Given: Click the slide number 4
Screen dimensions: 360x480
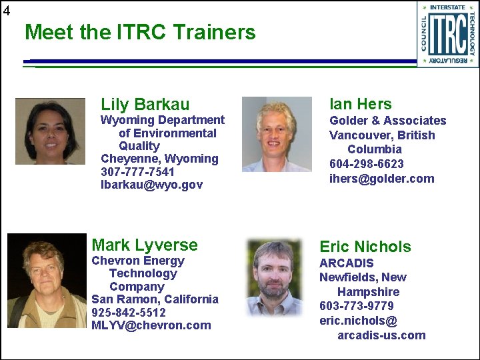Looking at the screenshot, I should click(6, 10).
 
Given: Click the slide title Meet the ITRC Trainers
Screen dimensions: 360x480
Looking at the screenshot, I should click(140, 32).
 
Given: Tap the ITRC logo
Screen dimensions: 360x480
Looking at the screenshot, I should click(447, 34).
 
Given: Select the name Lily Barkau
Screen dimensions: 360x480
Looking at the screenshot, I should click(145, 104).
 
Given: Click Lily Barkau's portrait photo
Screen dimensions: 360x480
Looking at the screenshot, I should click(50, 131).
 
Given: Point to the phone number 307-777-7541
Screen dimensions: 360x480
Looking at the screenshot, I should click(137, 171).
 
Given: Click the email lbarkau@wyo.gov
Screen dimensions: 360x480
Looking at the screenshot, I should click(151, 185).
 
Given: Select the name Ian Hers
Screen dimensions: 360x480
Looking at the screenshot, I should click(361, 104).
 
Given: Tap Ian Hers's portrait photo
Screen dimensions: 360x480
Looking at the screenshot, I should click(277, 135).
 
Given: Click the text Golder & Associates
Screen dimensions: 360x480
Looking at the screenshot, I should click(388, 121).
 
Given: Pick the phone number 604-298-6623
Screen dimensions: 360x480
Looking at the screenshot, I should click(367, 164).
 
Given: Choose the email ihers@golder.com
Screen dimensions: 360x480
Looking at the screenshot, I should click(381, 179).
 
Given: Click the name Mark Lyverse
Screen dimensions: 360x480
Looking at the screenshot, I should click(145, 245).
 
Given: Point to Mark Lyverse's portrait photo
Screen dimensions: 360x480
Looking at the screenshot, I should click(47, 281).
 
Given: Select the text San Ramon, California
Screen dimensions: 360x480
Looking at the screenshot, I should click(155, 299).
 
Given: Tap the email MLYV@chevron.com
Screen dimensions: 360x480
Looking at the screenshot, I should click(151, 325).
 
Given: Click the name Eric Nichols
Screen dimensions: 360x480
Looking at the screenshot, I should click(365, 247).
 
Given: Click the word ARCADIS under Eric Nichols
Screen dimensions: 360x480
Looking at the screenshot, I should click(347, 263).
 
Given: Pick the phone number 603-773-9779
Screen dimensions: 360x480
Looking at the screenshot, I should click(357, 307).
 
